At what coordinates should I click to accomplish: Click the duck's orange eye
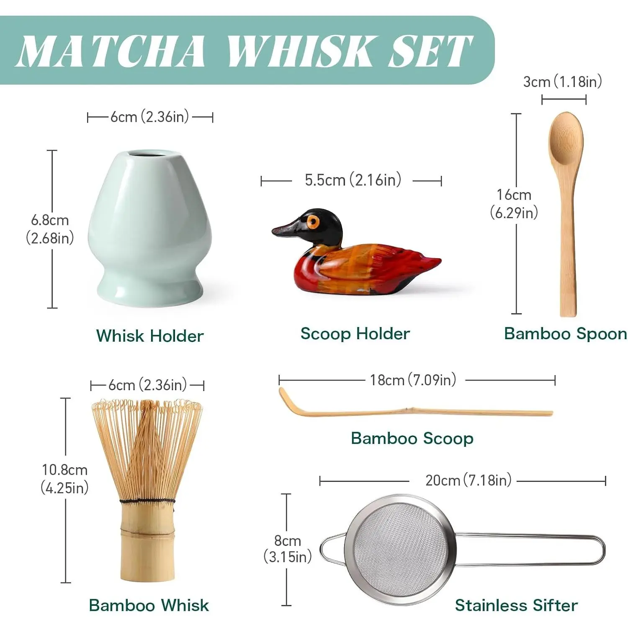point(314,222)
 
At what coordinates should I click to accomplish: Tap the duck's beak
point(286,229)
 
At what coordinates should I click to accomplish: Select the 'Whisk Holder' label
point(150,336)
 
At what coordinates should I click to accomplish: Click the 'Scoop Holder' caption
point(355,334)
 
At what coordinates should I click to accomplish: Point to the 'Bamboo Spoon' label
point(566,334)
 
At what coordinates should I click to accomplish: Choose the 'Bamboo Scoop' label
point(412,438)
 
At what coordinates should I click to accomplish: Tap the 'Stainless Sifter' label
point(516,605)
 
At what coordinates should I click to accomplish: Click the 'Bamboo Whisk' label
point(149,605)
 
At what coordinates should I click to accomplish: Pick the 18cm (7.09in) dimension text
point(413,380)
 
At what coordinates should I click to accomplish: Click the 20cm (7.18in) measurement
point(468,480)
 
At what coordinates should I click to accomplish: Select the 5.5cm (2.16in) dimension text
point(353,180)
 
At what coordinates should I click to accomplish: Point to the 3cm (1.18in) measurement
point(562,82)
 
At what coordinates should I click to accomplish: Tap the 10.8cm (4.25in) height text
point(64,479)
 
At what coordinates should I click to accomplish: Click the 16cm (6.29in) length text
point(514,204)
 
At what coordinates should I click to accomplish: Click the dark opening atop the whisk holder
point(147,154)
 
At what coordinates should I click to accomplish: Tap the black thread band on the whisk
point(147,501)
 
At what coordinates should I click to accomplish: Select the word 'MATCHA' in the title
point(111,51)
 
